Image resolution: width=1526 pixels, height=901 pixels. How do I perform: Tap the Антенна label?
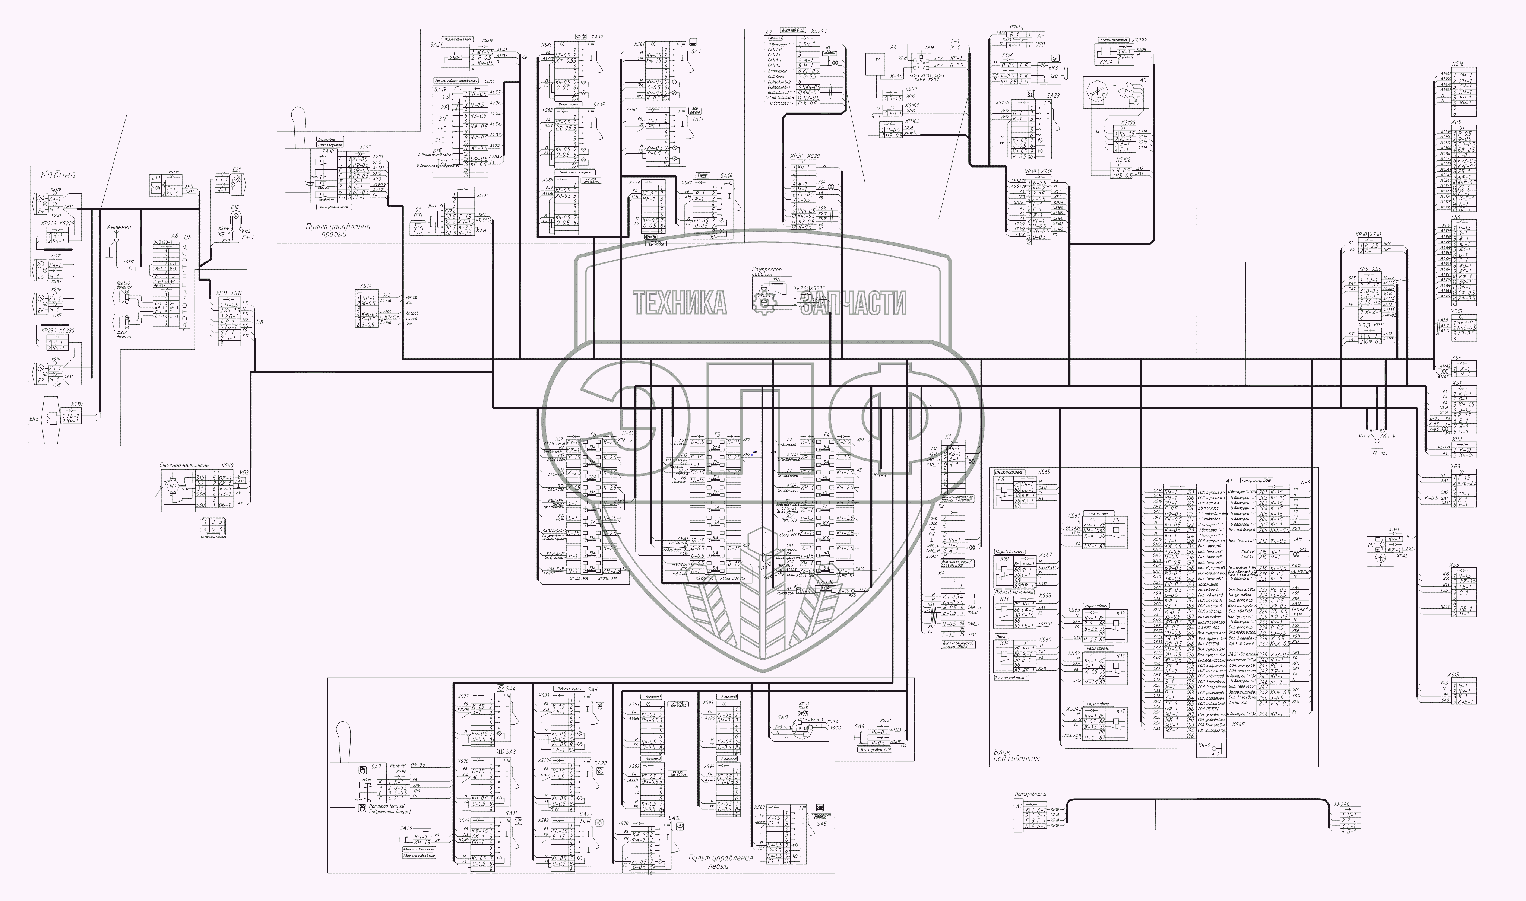tap(118, 228)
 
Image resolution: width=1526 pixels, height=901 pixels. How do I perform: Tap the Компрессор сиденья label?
tap(767, 271)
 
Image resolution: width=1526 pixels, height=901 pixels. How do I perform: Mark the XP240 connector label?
tap(1341, 805)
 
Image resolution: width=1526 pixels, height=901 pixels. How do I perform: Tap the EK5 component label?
tap(34, 418)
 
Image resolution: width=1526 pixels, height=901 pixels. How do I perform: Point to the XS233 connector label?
tap(1139, 41)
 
